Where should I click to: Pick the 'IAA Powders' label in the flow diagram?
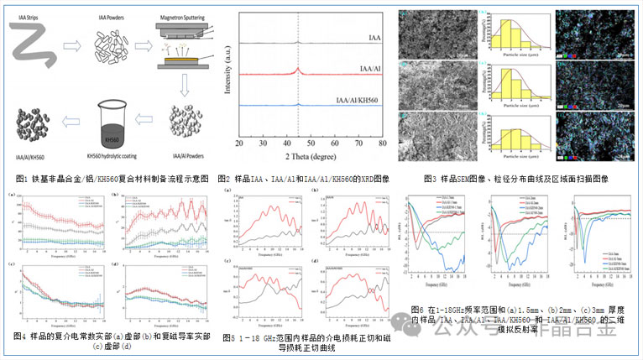[x=107, y=8]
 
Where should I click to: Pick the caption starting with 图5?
[x=306, y=342]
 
